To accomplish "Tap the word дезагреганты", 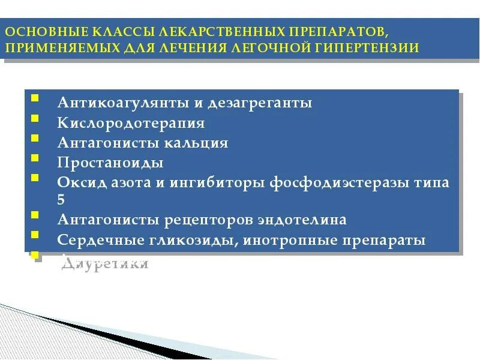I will tap(260, 103).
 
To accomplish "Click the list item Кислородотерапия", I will tap(131, 124).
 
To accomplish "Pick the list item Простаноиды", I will tap(110, 163).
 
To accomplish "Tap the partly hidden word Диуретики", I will tap(105, 263).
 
